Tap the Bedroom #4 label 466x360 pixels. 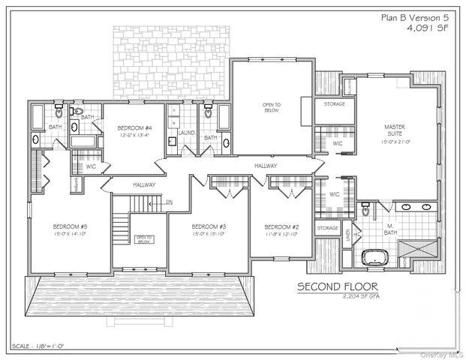[x=134, y=129]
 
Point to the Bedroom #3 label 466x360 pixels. [x=208, y=226]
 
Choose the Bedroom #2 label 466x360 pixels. [x=281, y=226]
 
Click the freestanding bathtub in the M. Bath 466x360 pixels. [x=374, y=259]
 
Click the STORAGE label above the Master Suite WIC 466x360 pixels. [x=330, y=104]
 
